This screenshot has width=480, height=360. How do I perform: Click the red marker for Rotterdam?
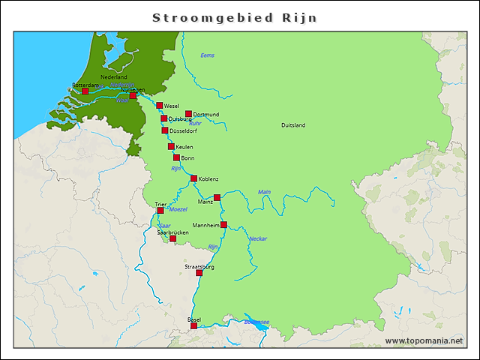point(74,91)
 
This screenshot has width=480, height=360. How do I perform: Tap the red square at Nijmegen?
point(133,95)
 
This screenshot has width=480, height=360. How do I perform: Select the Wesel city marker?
point(160,106)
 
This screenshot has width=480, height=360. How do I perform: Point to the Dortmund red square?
point(189,114)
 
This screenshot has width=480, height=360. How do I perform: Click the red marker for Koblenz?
point(194,178)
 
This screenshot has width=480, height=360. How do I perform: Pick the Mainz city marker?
point(217,197)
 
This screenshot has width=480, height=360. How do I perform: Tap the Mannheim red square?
point(223,224)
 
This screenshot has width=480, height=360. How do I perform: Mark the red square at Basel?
point(194,325)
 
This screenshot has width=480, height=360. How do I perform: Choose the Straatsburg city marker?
point(199,272)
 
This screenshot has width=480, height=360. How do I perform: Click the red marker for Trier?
point(160,211)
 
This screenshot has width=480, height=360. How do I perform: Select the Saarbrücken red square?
point(172,238)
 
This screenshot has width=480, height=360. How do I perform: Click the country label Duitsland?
point(293,125)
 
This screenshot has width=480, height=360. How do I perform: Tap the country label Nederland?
point(114,77)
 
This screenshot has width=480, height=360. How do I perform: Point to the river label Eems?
point(208,55)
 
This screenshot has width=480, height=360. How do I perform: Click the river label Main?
point(264,192)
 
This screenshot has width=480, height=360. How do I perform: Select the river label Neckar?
point(258,239)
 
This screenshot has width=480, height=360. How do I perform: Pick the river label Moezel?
point(177,208)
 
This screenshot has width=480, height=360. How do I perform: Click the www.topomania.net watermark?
point(424,340)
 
